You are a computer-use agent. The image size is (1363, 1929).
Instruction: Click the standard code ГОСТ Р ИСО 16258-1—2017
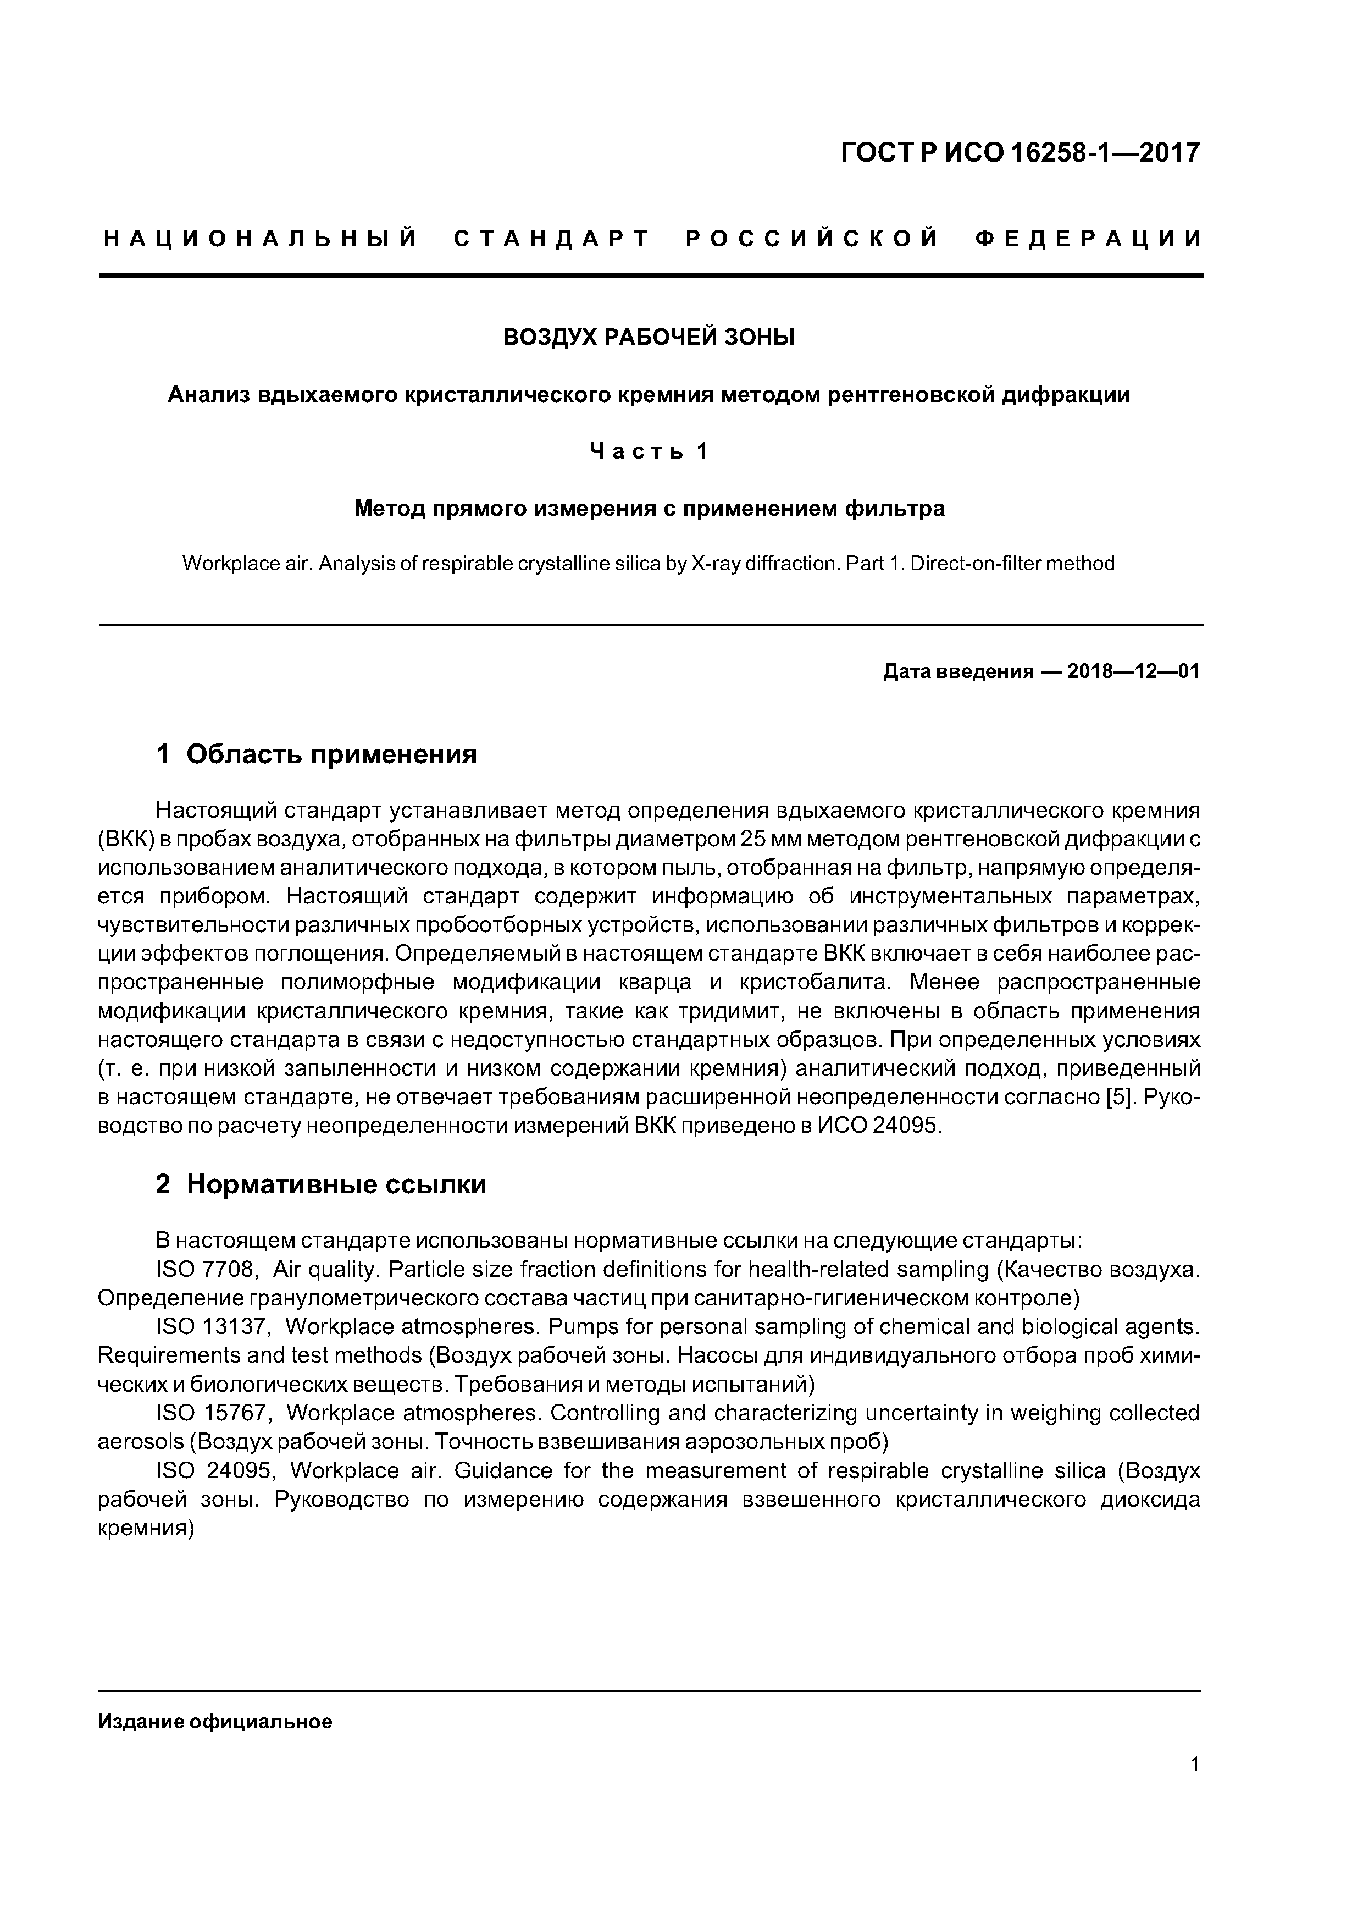(x=1021, y=153)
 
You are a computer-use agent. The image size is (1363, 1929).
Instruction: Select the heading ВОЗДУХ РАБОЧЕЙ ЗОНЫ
(x=649, y=338)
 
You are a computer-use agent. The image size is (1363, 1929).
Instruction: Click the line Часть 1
(x=649, y=452)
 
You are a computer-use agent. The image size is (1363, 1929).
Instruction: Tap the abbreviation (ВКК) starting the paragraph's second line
(x=125, y=839)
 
